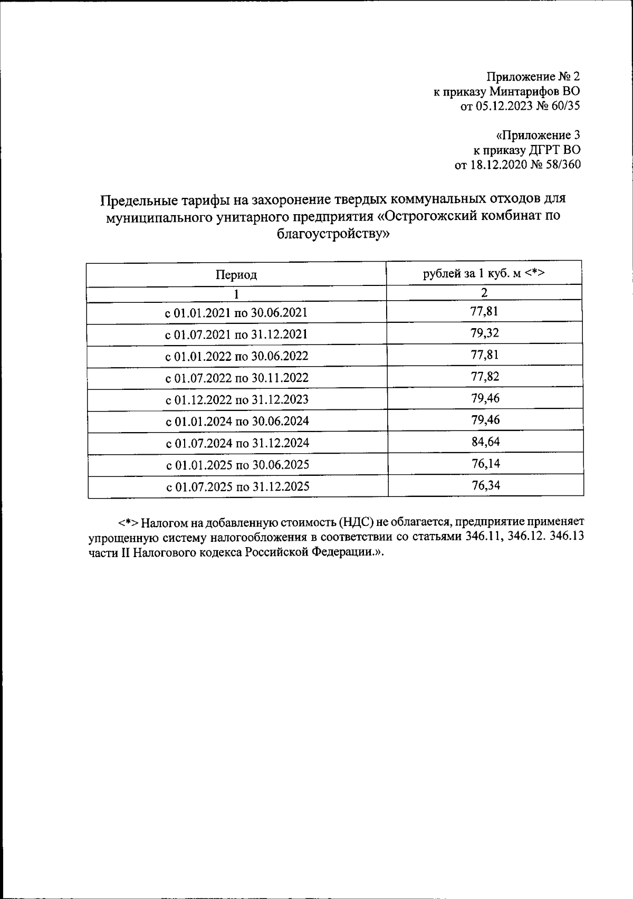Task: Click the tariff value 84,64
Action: [x=485, y=442]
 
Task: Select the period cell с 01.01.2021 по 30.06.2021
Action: [x=237, y=313]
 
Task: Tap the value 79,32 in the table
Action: [x=485, y=333]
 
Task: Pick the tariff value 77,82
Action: [x=485, y=377]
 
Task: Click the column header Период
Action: [x=236, y=275]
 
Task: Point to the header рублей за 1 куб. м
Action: [x=484, y=273]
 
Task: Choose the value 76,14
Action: [x=485, y=464]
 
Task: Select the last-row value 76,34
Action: [x=485, y=485]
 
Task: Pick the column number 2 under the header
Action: [x=484, y=293]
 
